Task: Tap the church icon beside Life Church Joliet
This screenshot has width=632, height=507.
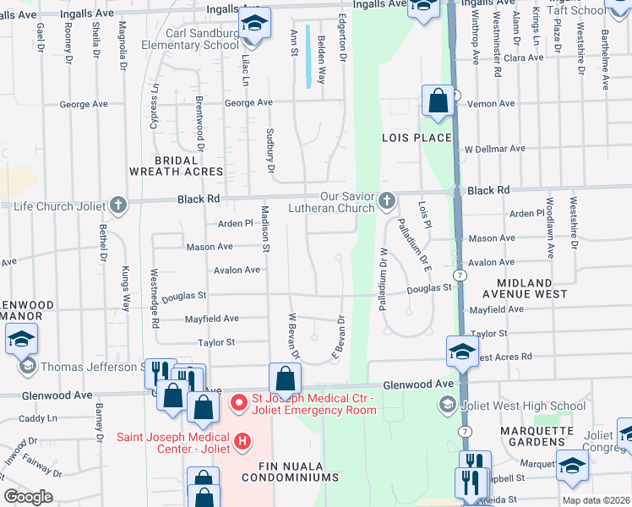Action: pos(118,204)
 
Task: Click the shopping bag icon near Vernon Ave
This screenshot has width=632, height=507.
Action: pos(439,102)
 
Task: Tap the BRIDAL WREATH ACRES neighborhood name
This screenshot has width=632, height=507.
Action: pos(176,165)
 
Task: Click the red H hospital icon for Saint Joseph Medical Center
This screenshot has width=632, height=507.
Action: pos(242,441)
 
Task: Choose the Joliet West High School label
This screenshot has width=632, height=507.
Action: pos(522,406)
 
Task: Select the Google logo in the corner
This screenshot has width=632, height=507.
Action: pos(28,497)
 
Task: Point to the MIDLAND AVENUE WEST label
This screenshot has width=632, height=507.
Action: pos(524,288)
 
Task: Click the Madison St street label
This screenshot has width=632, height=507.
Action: pos(264,232)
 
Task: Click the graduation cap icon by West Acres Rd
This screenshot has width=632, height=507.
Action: pos(462,352)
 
